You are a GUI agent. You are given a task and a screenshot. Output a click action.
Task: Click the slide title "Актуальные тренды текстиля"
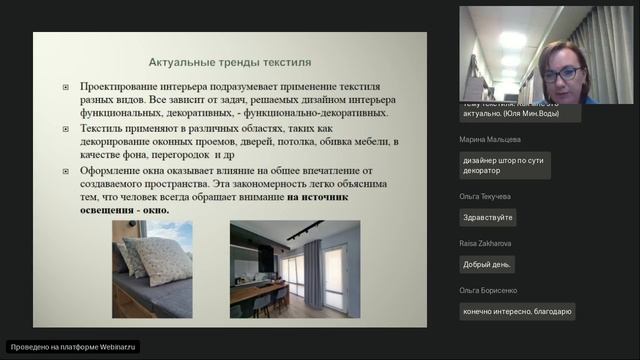(230, 61)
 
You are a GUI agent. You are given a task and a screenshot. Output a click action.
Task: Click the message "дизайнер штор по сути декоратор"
(504, 165)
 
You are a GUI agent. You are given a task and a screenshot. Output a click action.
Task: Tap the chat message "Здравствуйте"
(488, 217)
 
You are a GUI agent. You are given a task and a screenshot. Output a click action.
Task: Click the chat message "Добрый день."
(488, 265)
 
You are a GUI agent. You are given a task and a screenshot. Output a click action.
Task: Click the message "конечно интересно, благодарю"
(518, 311)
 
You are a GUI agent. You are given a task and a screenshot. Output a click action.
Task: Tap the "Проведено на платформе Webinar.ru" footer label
(73, 347)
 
